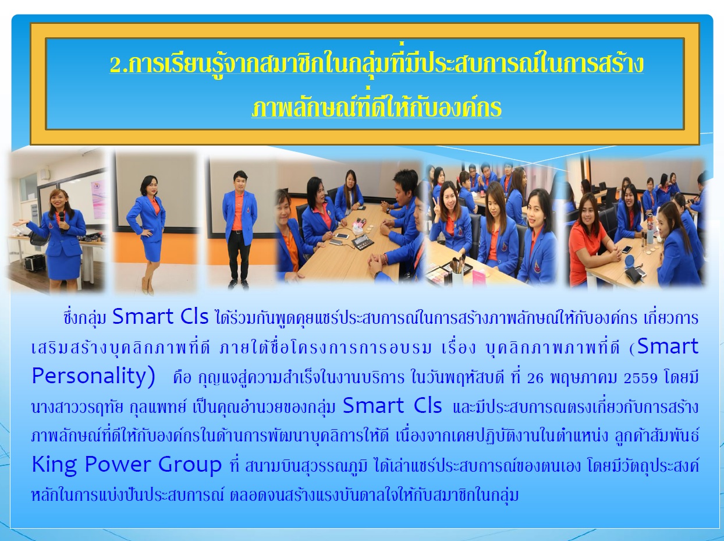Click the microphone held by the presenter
[62, 222]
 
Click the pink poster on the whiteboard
[99, 200]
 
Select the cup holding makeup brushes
[458, 274]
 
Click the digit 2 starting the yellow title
[115, 66]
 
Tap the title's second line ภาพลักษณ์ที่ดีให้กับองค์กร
[377, 107]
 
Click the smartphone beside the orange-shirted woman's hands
[627, 249]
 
